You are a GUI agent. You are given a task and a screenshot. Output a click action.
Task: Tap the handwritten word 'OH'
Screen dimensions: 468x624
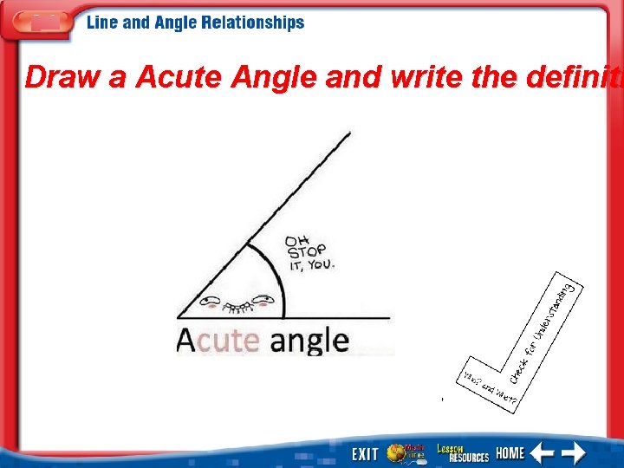point(297,239)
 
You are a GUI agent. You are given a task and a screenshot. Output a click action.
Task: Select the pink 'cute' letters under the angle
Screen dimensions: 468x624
point(229,340)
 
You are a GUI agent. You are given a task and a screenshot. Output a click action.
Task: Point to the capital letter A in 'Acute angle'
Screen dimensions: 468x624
point(185,339)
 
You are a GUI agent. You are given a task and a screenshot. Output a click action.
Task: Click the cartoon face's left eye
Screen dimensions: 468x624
point(209,302)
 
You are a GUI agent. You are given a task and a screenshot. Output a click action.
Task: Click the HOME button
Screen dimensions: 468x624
point(510,453)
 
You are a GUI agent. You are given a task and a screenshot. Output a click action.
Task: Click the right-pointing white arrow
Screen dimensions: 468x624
point(573,453)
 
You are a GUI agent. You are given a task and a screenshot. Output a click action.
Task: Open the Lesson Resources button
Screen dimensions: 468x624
point(462,452)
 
